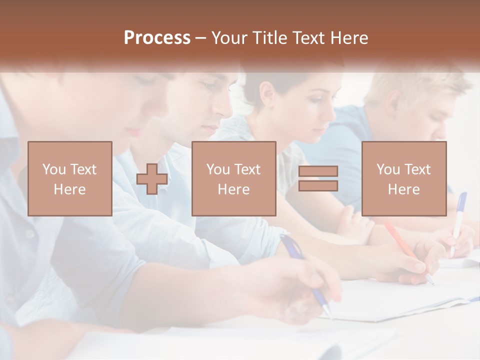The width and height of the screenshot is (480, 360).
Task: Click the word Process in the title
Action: (157, 38)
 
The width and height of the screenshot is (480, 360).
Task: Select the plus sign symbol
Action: (152, 178)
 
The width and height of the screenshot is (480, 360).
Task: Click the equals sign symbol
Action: (318, 178)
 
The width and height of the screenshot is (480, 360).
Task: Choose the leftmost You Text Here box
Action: (70, 178)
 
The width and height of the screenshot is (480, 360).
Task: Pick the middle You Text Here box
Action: (233, 178)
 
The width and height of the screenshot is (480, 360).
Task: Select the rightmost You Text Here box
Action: (404, 178)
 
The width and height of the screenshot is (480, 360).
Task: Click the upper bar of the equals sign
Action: (318, 171)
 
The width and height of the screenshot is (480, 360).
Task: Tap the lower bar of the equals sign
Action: (318, 186)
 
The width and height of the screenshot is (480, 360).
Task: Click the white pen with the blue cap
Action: (458, 222)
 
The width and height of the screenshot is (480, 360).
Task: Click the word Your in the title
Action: (229, 38)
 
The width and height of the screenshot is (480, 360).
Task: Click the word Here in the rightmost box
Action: (404, 189)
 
